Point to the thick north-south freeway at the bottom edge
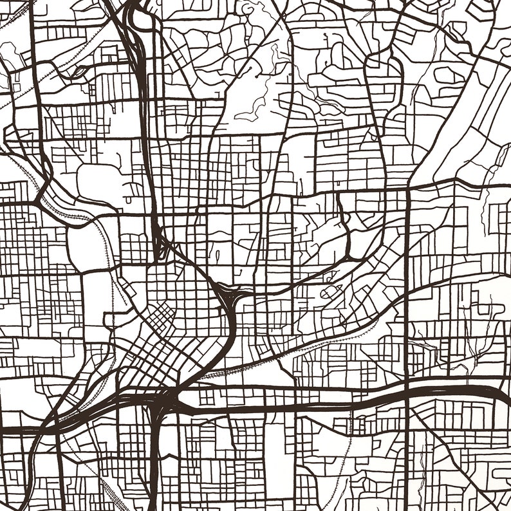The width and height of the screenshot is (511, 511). (x=154, y=496)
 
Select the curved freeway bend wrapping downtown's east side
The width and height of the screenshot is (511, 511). (x=228, y=335)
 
